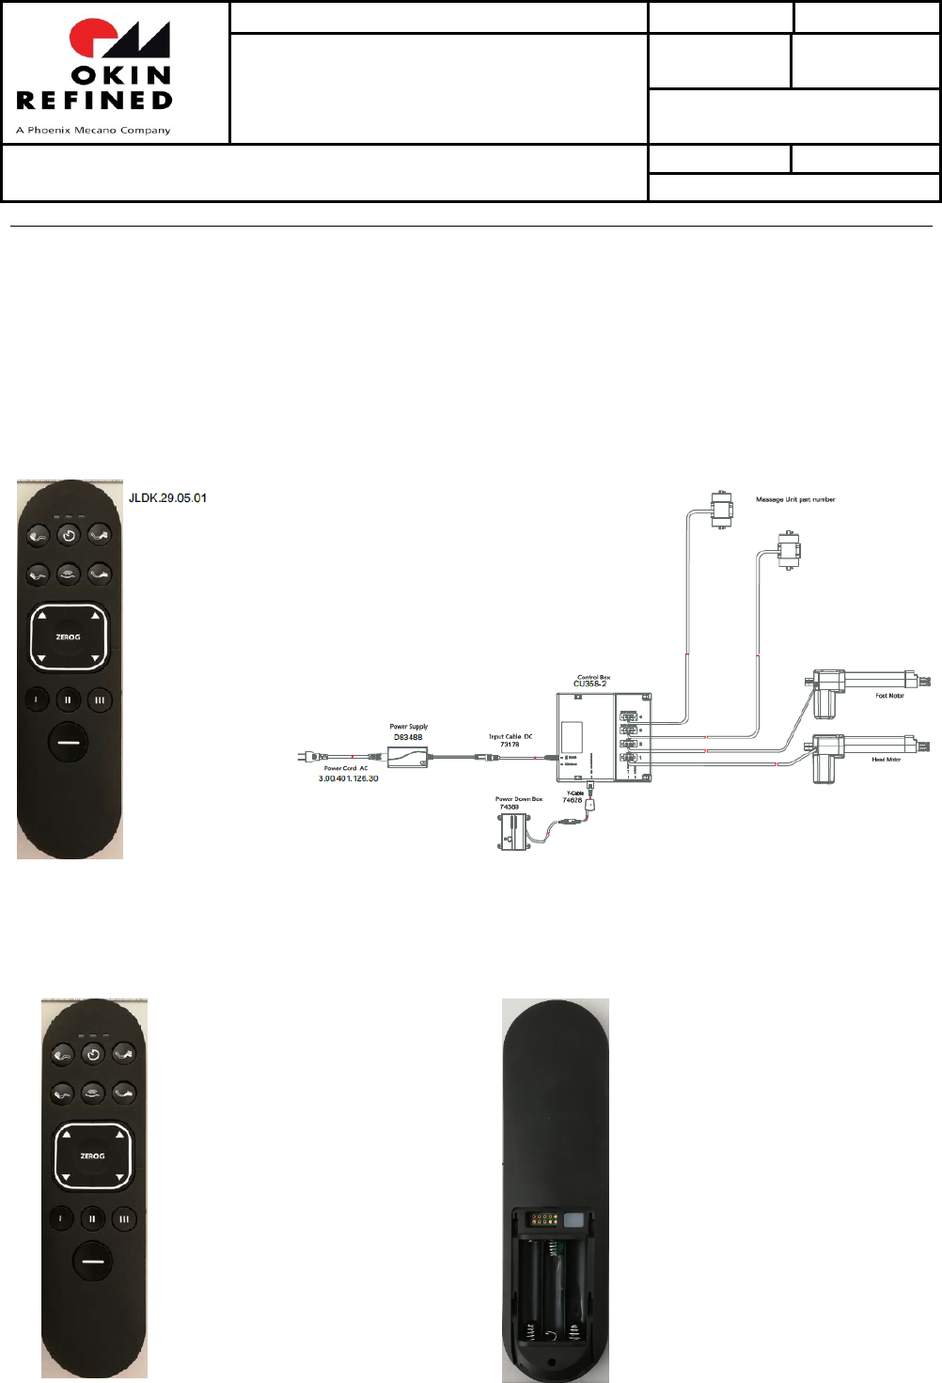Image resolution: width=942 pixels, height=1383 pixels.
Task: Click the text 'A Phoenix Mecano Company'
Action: click(x=93, y=131)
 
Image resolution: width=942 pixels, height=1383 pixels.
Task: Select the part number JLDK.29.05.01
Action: click(x=167, y=498)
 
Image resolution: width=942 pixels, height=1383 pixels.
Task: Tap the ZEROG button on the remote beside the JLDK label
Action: click(x=69, y=637)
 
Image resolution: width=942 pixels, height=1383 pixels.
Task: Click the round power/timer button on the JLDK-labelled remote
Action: click(x=69, y=536)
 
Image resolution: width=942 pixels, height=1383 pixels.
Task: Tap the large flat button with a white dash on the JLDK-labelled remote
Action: click(x=69, y=741)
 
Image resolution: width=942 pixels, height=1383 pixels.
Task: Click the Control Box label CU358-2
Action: click(x=590, y=684)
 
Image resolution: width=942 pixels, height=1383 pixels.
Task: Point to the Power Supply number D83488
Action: click(x=408, y=737)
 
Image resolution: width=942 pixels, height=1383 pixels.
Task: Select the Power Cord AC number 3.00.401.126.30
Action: click(x=348, y=778)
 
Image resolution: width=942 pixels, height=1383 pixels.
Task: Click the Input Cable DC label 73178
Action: click(x=510, y=745)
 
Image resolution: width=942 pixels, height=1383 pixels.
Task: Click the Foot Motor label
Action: click(x=889, y=696)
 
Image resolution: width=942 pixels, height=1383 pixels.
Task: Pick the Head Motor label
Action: click(x=886, y=760)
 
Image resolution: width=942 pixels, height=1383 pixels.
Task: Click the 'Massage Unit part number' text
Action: click(x=795, y=500)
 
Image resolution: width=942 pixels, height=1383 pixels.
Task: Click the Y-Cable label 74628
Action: click(x=573, y=800)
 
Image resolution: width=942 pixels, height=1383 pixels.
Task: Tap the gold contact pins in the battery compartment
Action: click(x=544, y=1220)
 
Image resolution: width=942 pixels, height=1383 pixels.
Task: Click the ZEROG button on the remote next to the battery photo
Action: click(x=93, y=1156)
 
